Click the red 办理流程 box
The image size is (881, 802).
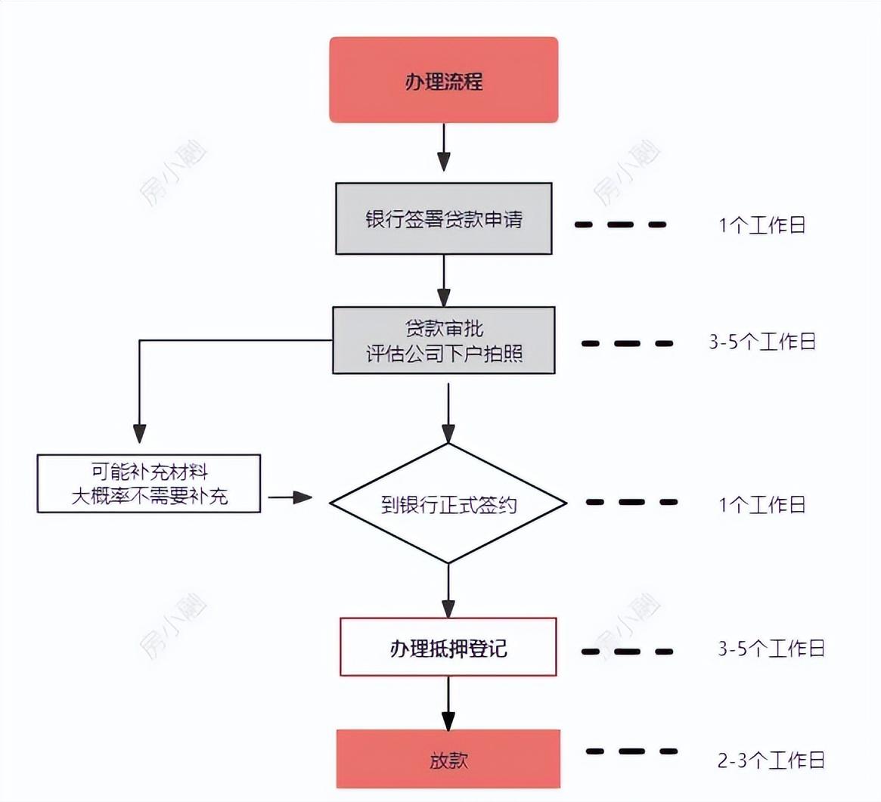pos(443,80)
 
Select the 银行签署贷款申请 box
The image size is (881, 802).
pos(443,218)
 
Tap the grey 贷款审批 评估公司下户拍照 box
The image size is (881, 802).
pos(443,340)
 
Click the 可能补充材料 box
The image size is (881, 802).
pos(149,484)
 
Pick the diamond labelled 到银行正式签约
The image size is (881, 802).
pos(448,503)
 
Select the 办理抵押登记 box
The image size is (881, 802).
pos(448,647)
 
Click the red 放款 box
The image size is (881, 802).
pos(448,759)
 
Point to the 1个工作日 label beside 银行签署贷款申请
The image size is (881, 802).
pos(762,224)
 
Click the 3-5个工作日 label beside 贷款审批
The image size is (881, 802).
pos(762,342)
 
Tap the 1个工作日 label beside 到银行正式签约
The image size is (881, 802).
pos(762,504)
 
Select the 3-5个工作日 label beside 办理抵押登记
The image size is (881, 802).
pos(771,649)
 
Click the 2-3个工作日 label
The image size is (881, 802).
pos(771,760)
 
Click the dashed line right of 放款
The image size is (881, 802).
pos(631,751)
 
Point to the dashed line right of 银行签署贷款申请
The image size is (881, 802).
pos(620,224)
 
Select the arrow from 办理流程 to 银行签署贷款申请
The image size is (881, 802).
pos(444,150)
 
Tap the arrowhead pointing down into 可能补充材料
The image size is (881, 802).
pos(139,433)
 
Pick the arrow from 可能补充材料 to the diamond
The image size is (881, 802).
pos(291,497)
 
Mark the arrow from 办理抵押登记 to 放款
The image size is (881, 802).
pos(448,703)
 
